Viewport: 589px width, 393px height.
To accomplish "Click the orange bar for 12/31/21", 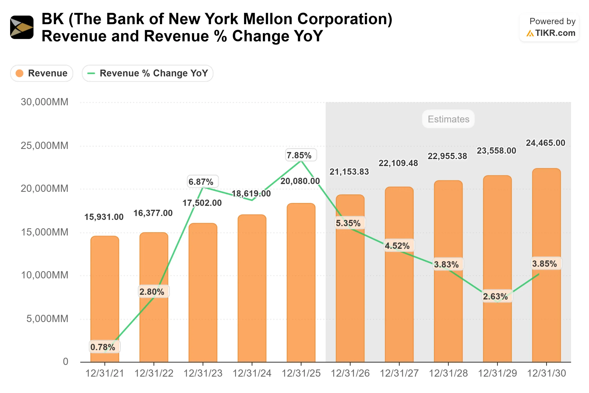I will tap(105, 288).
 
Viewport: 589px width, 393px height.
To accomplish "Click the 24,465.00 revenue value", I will tap(545, 143).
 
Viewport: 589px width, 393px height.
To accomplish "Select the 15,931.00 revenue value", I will tap(104, 217).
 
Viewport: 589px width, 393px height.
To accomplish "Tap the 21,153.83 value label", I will tap(349, 172).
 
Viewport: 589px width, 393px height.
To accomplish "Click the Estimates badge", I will tap(448, 119).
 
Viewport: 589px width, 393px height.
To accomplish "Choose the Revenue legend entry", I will tap(42, 73).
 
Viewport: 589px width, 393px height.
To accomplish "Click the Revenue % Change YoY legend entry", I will tap(147, 73).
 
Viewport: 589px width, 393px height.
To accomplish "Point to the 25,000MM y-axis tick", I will tap(44, 145).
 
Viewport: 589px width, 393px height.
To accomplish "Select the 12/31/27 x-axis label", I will tap(399, 373).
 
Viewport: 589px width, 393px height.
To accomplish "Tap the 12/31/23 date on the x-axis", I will tap(203, 373).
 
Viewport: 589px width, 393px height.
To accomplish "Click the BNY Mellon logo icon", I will tap(22, 27).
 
